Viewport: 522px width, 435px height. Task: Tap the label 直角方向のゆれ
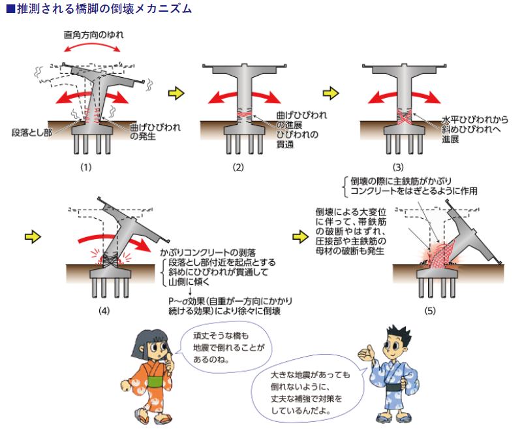click(93, 35)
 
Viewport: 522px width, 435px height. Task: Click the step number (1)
click(86, 167)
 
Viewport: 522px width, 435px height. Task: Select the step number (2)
click(238, 167)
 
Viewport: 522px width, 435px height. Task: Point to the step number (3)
click(398, 167)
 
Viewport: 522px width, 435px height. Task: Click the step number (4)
click(104, 311)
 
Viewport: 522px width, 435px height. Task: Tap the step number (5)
click(430, 311)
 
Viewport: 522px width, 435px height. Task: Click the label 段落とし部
click(32, 133)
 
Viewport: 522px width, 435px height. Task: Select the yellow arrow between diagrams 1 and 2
click(176, 93)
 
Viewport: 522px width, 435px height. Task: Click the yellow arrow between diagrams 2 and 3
click(331, 93)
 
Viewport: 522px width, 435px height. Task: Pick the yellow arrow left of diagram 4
click(33, 237)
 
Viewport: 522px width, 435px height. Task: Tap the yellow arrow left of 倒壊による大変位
click(301, 237)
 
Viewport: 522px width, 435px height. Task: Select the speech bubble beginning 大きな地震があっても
click(308, 393)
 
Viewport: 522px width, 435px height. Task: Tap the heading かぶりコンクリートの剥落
click(207, 253)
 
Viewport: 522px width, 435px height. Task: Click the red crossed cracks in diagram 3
click(404, 118)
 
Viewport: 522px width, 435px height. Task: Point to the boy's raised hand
click(366, 353)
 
